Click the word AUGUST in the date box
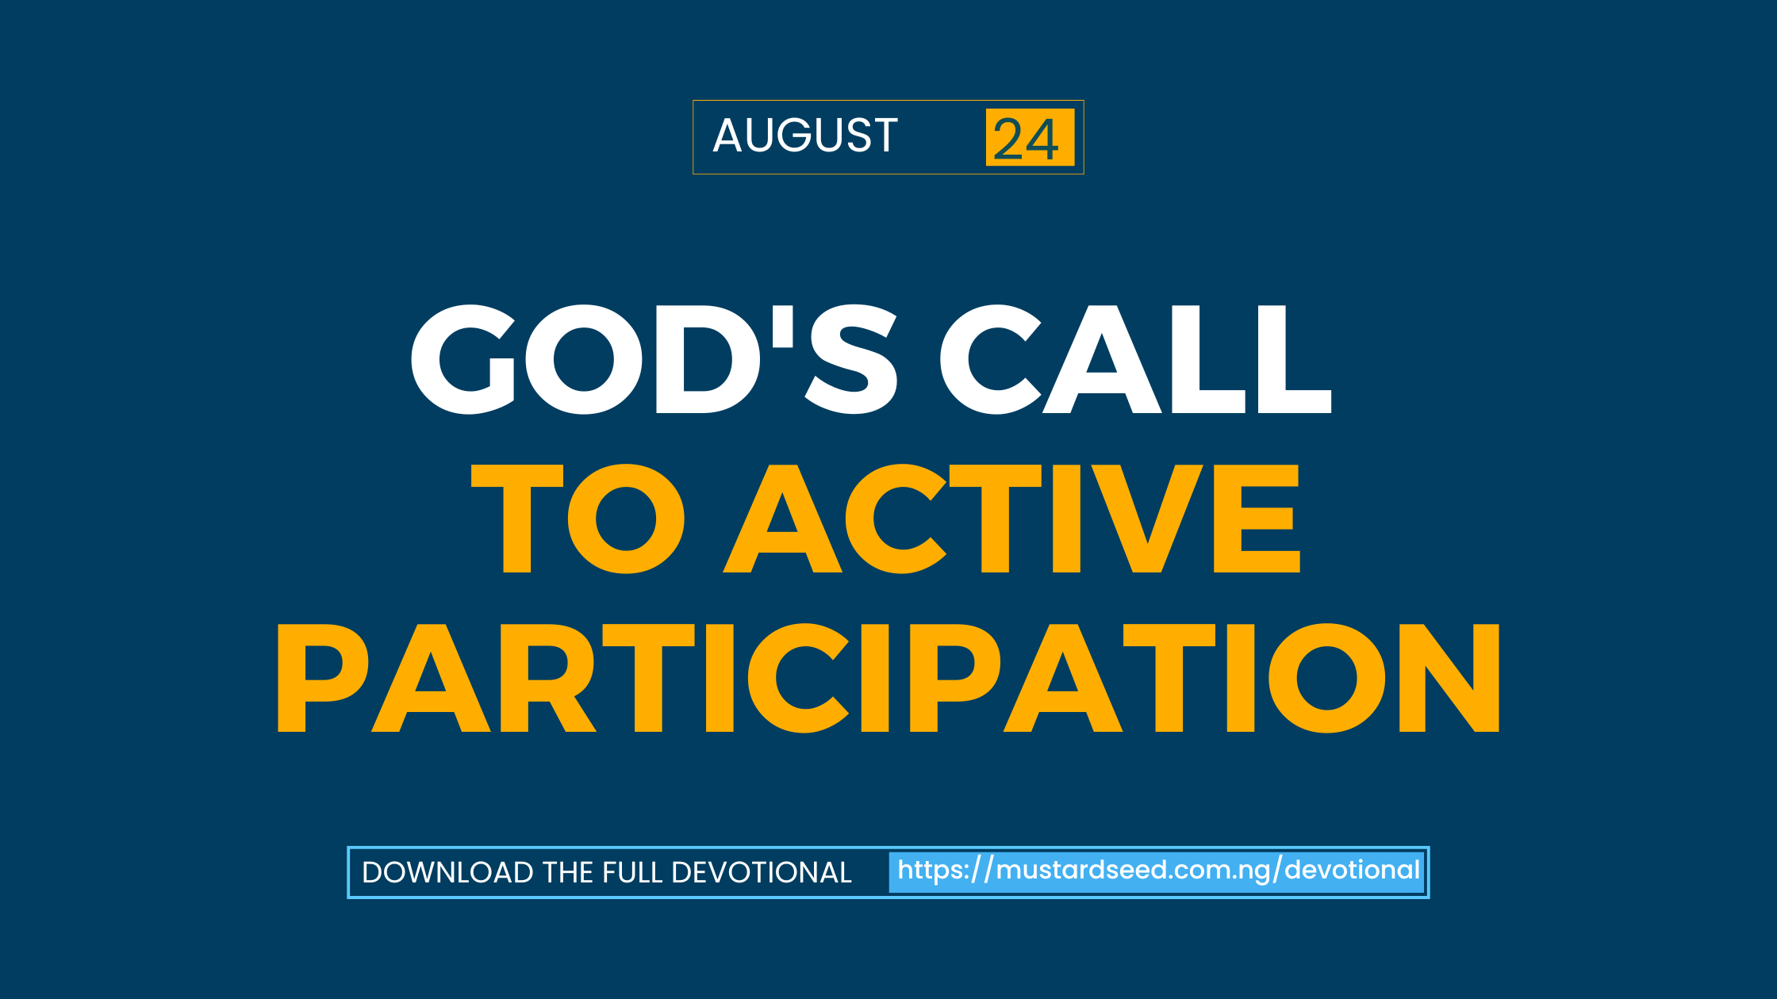pos(805,136)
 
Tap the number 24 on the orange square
pos(1027,140)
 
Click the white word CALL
pos(1135,359)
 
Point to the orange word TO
pos(578,519)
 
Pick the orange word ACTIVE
pos(1011,519)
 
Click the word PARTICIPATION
pos(888,678)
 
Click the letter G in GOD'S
pos(463,359)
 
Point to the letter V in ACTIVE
pos(1148,519)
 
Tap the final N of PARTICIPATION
pos(1449,678)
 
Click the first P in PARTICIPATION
pos(322,678)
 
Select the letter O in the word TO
pos(626,519)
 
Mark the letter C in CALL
pos(990,359)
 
